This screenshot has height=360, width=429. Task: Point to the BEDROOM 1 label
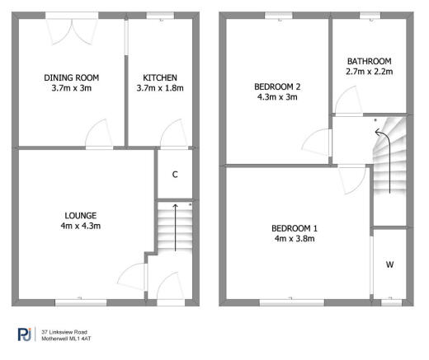[x=294, y=228]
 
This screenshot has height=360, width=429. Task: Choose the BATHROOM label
[x=369, y=61]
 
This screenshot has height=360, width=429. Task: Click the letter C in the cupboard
[x=175, y=175]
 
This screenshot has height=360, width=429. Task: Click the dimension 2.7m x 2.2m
[x=369, y=72]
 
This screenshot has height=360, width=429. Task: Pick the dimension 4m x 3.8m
[x=294, y=239]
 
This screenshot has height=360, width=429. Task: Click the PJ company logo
[x=26, y=334]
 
